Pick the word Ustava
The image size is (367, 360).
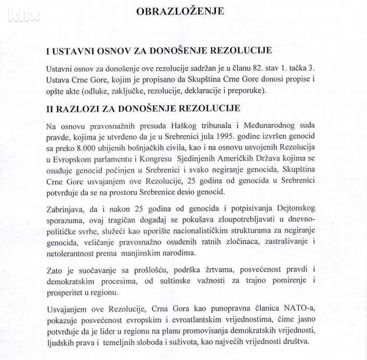coord(60,80)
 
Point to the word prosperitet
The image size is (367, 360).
coord(67,291)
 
